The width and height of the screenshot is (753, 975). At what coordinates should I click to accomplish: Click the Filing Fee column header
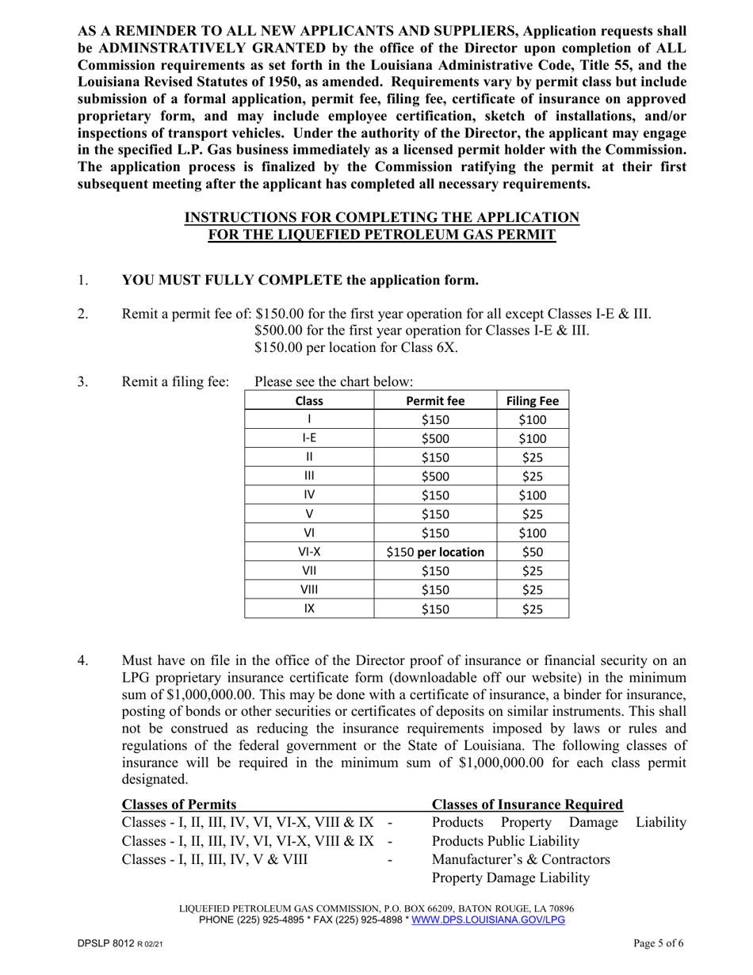[x=533, y=401]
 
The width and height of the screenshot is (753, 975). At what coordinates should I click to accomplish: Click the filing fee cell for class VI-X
[x=533, y=552]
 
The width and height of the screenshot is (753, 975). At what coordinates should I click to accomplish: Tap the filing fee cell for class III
[x=533, y=476]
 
